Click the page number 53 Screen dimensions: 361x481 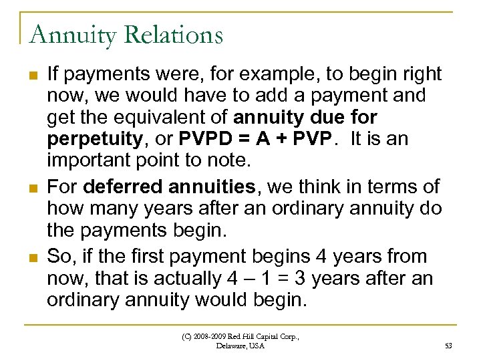pyautogui.click(x=448, y=345)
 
